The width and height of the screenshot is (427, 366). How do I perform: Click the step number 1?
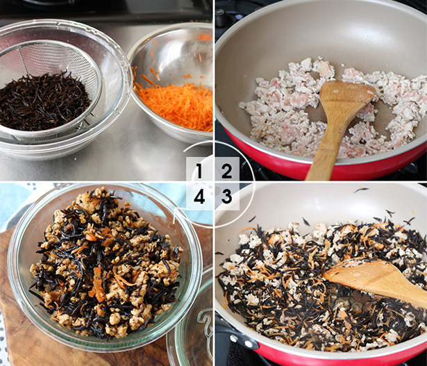(199, 171)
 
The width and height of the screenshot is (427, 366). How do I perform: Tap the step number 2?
(226, 171)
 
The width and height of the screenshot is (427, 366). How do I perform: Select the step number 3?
(226, 197)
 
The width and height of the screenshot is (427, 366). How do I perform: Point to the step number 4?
(199, 197)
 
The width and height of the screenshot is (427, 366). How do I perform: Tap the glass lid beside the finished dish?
(192, 322)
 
